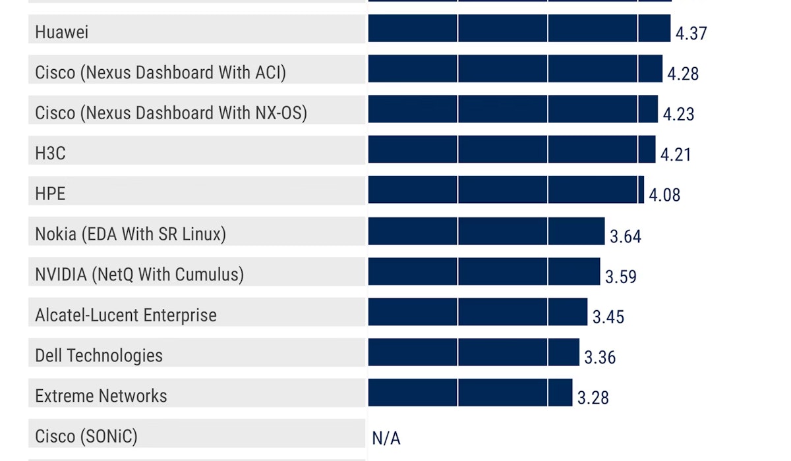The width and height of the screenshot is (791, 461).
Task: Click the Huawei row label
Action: click(62, 32)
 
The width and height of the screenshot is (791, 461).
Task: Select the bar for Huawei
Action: click(519, 28)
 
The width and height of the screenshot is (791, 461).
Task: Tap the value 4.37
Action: click(691, 33)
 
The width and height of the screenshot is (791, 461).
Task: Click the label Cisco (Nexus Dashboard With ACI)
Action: click(160, 72)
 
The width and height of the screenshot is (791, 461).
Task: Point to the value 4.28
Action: click(683, 73)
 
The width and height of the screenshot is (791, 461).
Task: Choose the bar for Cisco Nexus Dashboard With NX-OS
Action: click(512, 109)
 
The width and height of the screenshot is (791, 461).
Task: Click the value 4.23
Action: click(678, 114)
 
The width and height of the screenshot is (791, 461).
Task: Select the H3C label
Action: click(50, 153)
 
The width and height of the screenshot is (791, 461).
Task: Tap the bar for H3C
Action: click(512, 149)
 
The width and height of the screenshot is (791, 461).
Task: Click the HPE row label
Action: click(50, 194)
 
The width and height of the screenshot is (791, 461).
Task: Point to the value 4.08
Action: click(664, 195)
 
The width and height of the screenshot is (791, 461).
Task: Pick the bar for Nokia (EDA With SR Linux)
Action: click(486, 231)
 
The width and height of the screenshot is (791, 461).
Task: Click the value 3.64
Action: click(625, 236)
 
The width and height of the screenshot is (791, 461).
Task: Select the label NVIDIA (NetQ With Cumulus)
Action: click(139, 274)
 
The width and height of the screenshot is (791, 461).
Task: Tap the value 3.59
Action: click(621, 277)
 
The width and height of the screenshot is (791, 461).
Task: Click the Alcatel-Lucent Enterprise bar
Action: click(477, 312)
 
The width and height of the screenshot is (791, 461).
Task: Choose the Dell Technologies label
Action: click(99, 356)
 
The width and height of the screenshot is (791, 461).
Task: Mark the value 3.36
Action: click(600, 358)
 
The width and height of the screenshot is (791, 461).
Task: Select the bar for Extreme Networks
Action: click(470, 393)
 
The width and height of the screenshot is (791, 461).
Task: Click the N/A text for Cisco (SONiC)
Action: click(386, 438)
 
